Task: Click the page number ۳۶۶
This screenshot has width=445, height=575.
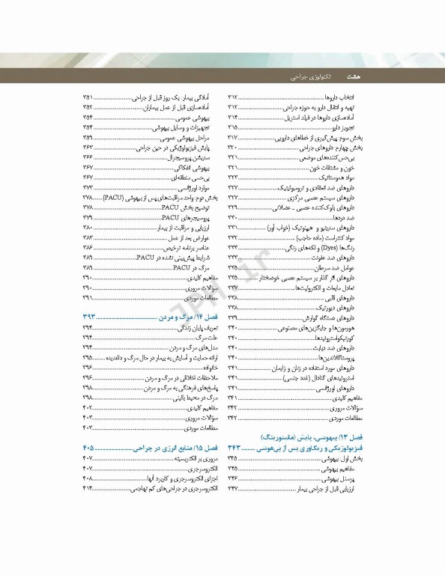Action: pyautogui.click(x=88, y=159)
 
